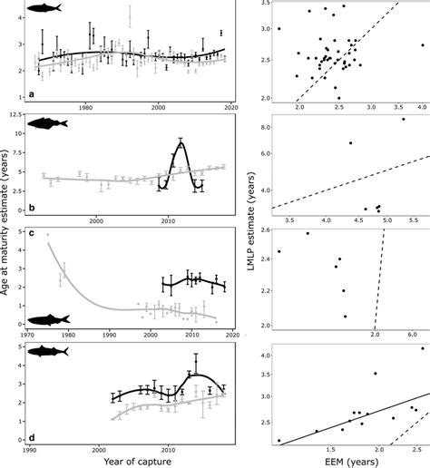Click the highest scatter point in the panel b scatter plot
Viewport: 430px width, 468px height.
pos(404,119)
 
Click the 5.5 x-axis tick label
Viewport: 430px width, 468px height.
pos(410,220)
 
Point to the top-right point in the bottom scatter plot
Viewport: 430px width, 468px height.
pos(421,348)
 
